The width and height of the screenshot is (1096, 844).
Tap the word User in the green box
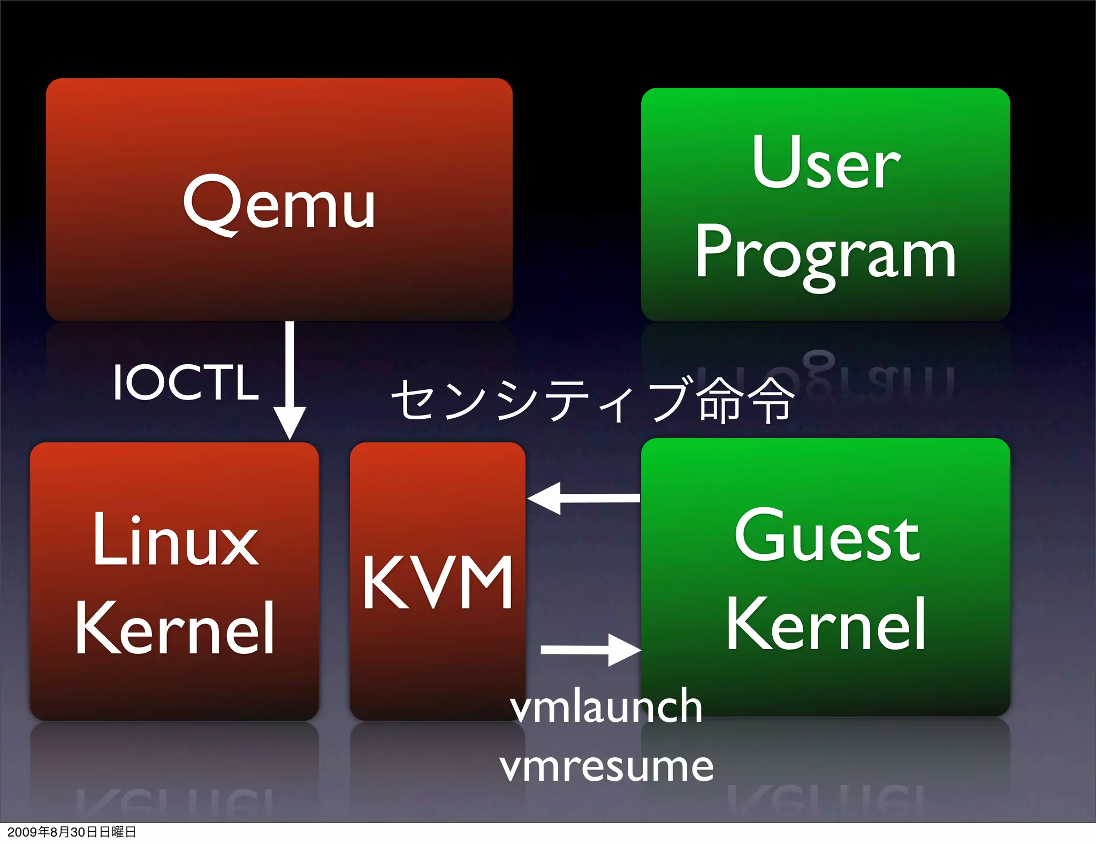tap(826, 163)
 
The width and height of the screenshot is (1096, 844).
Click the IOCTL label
tap(186, 382)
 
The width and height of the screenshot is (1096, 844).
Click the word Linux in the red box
tap(176, 541)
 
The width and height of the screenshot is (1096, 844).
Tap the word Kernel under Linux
tap(174, 628)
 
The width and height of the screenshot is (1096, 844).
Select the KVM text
tap(438, 583)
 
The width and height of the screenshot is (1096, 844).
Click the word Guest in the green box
tap(827, 537)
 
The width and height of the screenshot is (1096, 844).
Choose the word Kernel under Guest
tap(826, 624)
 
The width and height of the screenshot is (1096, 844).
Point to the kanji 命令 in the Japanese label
tap(745, 400)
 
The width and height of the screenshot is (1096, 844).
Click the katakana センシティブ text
tap(541, 400)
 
